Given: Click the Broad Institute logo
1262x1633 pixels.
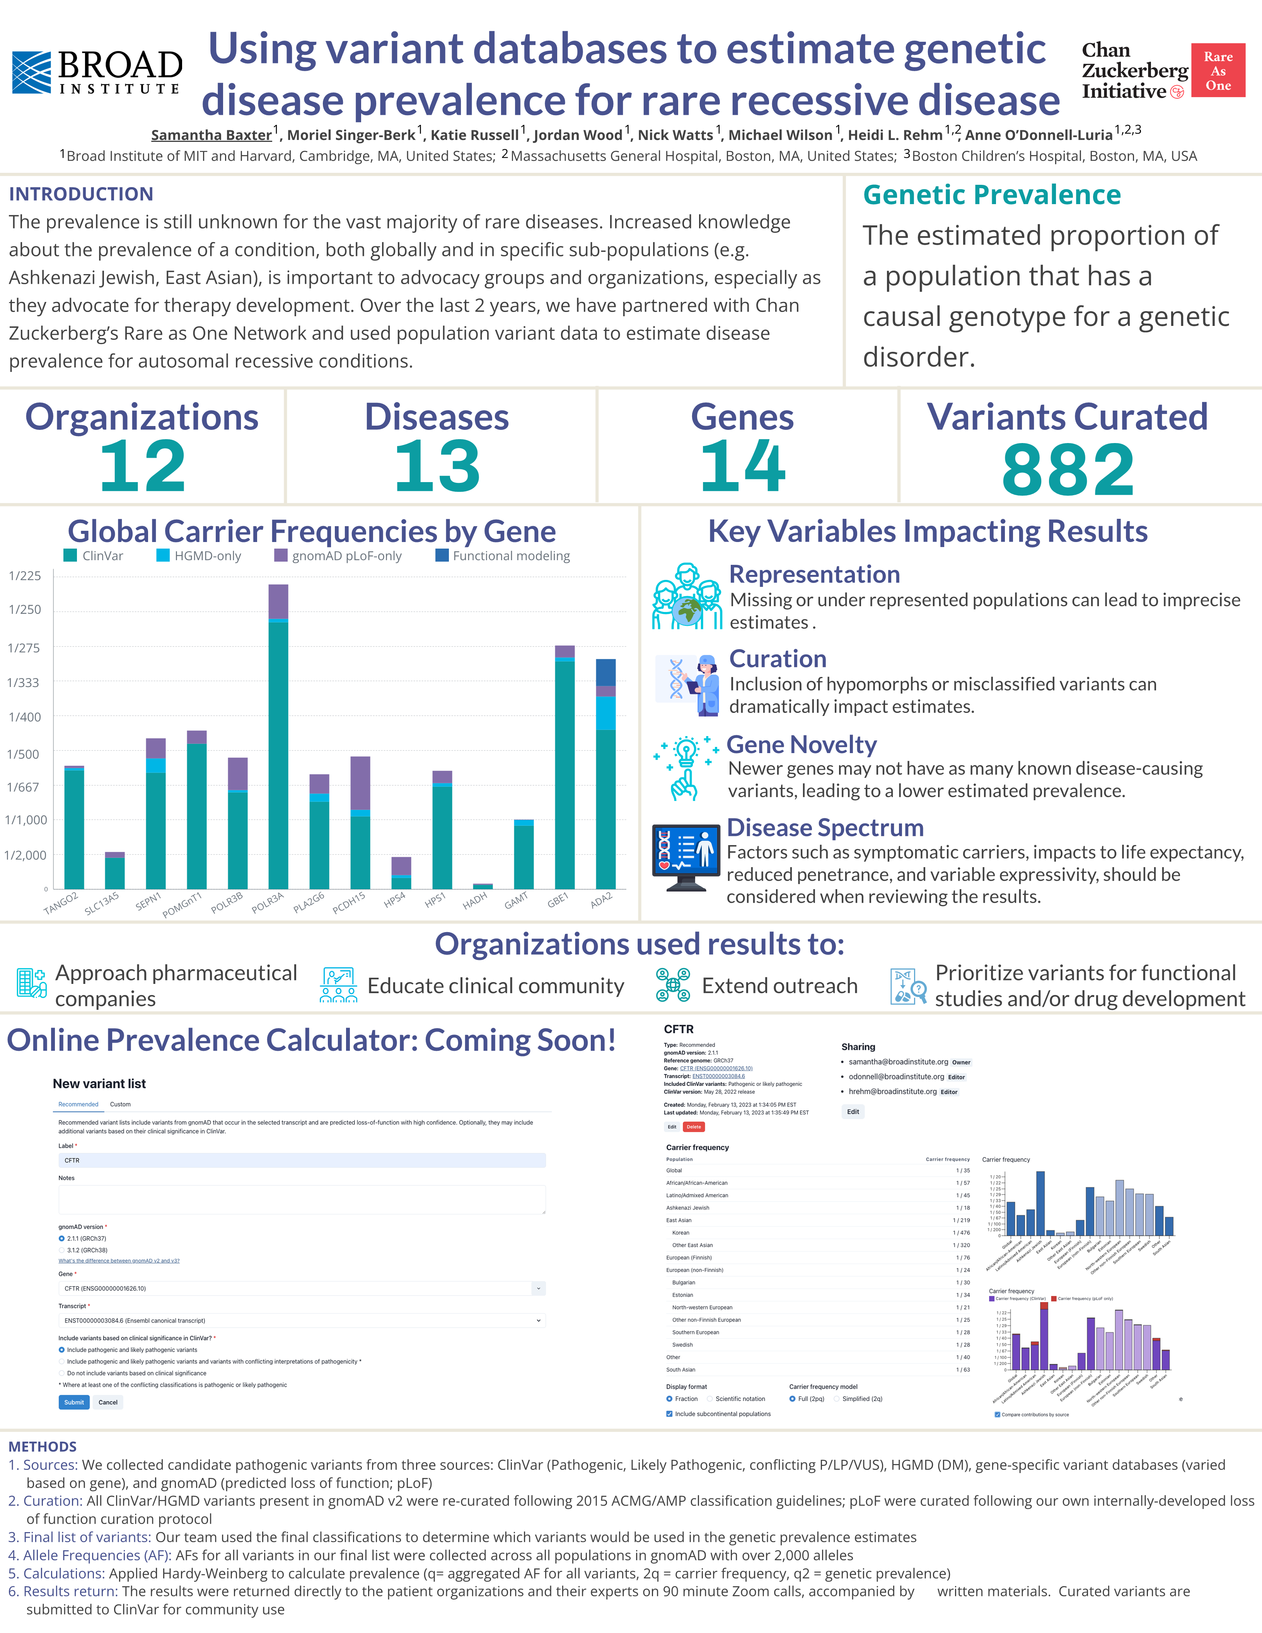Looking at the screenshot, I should click(x=97, y=73).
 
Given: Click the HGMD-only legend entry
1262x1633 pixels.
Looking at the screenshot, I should click(x=199, y=556).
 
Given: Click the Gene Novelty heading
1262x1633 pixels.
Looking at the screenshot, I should click(x=802, y=745).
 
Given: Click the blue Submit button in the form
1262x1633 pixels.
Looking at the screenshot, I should click(x=74, y=1402).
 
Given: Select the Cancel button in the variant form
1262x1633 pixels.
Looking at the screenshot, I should click(x=107, y=1402).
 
